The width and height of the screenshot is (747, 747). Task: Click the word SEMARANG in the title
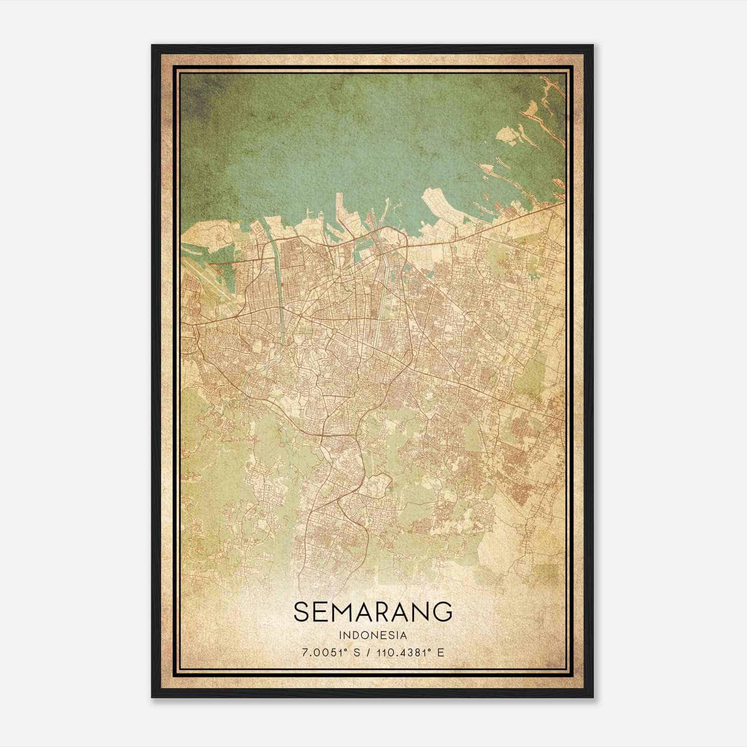point(373,612)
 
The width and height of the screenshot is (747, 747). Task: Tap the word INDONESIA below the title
point(373,635)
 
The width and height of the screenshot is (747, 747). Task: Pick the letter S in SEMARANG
point(302,612)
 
